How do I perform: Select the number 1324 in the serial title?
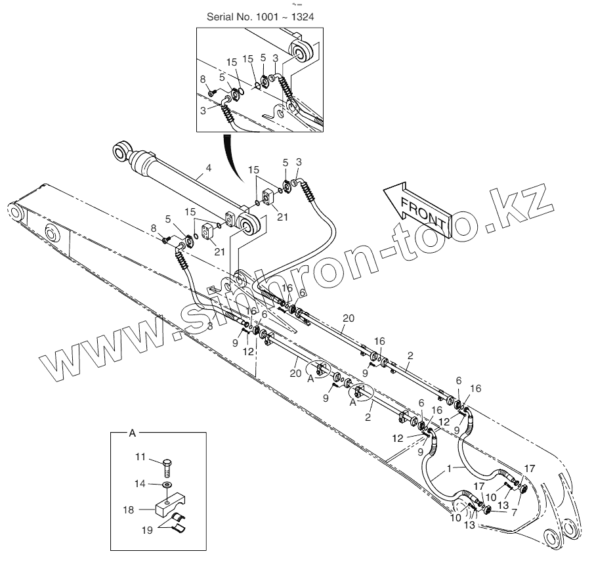point(301,17)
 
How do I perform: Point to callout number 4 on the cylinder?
point(208,169)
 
